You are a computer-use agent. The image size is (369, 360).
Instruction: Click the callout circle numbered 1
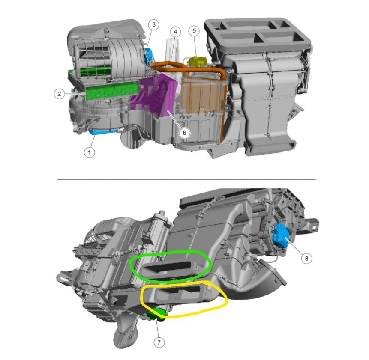click(90, 152)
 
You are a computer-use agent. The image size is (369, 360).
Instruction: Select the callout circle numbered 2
click(59, 94)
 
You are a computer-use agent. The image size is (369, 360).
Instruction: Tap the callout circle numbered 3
click(154, 24)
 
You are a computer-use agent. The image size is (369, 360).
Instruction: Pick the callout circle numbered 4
click(175, 32)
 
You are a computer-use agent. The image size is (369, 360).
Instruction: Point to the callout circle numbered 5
click(194, 31)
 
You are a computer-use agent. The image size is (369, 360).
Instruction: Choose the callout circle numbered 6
click(184, 133)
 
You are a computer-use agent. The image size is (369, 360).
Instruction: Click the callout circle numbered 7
click(159, 342)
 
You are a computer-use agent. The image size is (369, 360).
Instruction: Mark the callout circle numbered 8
click(306, 259)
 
